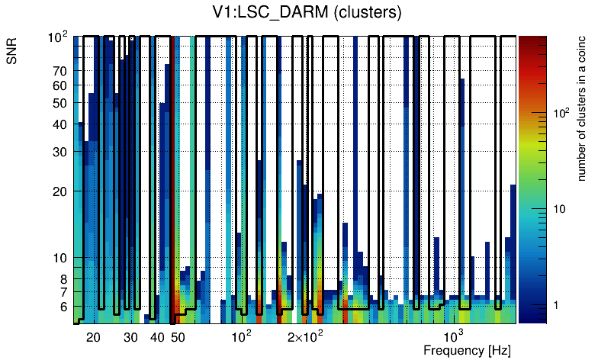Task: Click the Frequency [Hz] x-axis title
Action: [x=467, y=351]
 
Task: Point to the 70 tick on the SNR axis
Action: [x=60, y=71]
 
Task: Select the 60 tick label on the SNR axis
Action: [x=60, y=85]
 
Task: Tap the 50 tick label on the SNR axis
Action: [x=60, y=103]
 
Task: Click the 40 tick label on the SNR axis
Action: [x=60, y=124]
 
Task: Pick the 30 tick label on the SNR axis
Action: [x=60, y=152]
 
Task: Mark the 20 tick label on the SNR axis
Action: [x=60, y=191]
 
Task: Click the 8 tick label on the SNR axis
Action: [x=63, y=279]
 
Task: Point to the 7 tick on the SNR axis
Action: [x=63, y=292]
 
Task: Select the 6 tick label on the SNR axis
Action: [x=63, y=307]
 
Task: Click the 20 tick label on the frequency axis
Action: [x=94, y=337]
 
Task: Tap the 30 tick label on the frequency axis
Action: [x=131, y=337]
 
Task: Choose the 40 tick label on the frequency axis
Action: [x=157, y=337]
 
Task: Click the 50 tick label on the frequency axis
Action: [x=178, y=337]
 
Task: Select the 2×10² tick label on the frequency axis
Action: [x=306, y=336]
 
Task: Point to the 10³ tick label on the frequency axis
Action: [x=454, y=336]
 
